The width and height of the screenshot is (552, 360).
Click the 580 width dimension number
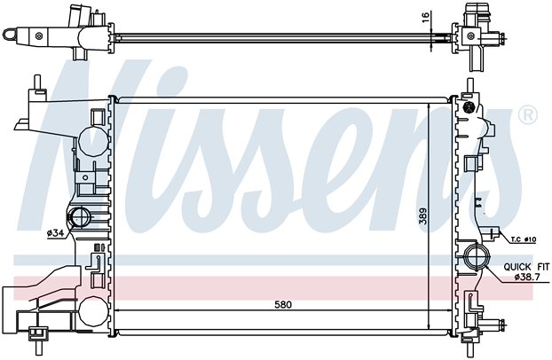pyautogui.click(x=283, y=304)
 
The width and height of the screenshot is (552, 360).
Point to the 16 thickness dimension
pyautogui.click(x=426, y=17)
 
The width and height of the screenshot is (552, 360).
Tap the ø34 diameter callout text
pyautogui.click(x=55, y=232)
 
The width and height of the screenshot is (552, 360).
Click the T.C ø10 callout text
pyautogui.click(x=524, y=239)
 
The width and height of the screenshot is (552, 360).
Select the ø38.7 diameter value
pyautogui.click(x=527, y=277)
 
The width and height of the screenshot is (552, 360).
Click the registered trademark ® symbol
pyautogui.click(x=528, y=116)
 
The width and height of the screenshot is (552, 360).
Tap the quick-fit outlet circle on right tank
pyautogui.click(x=476, y=259)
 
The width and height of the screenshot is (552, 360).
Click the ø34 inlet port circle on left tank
pyautogui.click(x=80, y=216)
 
